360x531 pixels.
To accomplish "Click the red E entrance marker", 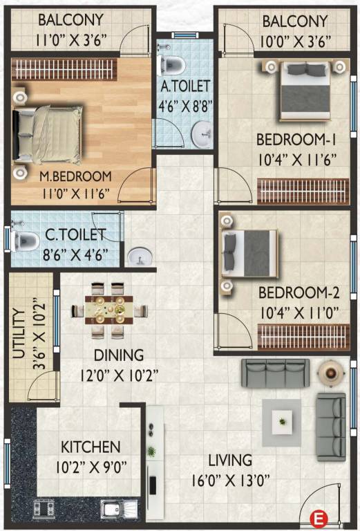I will pos(319,516).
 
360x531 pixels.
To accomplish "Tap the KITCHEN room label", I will pos(90,447).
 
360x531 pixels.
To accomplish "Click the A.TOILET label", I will pos(184,88).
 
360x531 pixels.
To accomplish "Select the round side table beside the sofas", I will pos(330,373).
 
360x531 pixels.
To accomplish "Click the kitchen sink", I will pos(111,511).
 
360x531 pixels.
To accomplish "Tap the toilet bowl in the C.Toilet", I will pos(26,240).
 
